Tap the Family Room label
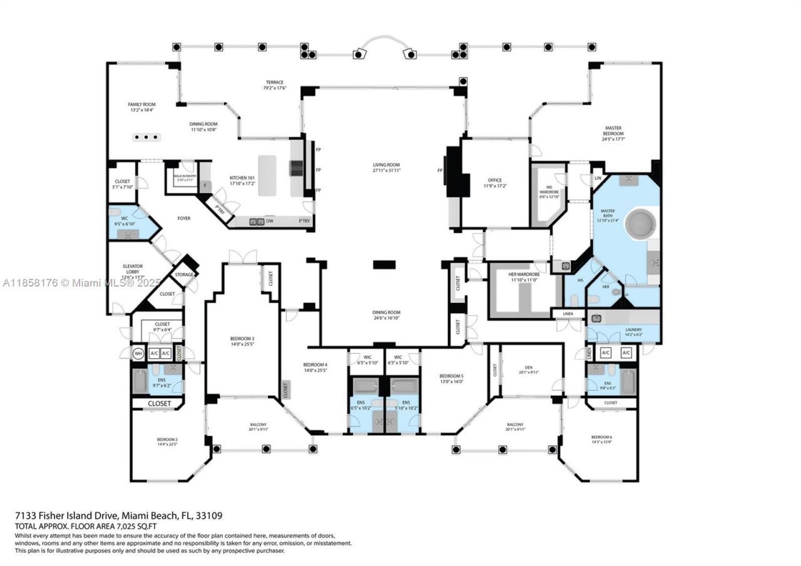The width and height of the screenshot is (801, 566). coord(142,105)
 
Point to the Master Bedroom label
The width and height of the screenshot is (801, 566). coord(613,131)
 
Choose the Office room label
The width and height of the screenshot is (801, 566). coord(495,181)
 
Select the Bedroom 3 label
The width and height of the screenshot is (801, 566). coord(242,339)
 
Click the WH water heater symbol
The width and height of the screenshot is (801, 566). coord(138,353)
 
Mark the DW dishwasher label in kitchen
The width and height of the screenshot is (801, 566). coord(269,221)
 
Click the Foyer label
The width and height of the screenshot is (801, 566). coord(183,218)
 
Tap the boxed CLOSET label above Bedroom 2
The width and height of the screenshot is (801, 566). coord(159,403)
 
